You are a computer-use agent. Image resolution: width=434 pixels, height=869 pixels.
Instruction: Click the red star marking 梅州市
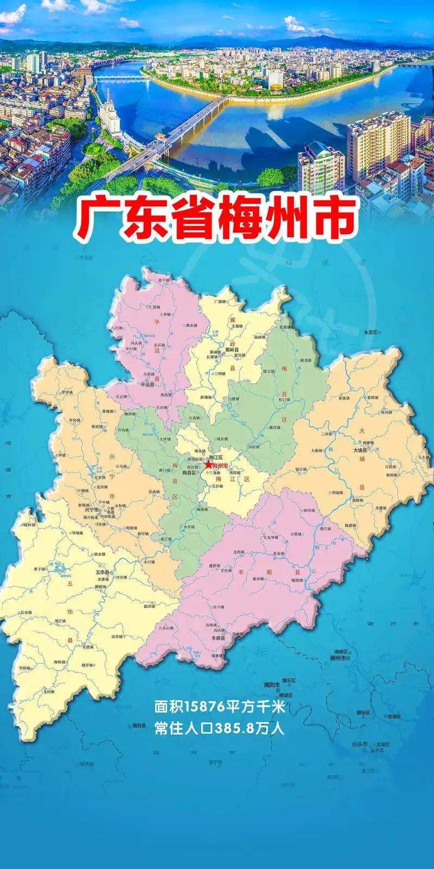pos(209,464)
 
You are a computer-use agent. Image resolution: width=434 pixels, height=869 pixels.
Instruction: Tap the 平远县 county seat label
pos(147,384)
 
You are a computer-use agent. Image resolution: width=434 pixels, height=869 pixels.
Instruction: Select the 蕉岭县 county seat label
pos(232,350)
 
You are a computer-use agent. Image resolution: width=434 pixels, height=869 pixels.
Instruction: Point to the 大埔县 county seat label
pos(360,450)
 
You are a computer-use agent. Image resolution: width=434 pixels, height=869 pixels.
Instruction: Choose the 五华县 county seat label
pos(102,572)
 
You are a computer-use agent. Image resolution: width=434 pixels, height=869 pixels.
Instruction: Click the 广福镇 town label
pos(221,301)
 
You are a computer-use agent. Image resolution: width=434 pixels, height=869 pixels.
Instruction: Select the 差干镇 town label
pos(164,280)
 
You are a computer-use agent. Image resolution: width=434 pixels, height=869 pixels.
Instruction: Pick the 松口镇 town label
pos(284,400)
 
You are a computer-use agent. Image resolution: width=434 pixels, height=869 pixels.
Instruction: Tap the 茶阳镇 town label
pos(373,397)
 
